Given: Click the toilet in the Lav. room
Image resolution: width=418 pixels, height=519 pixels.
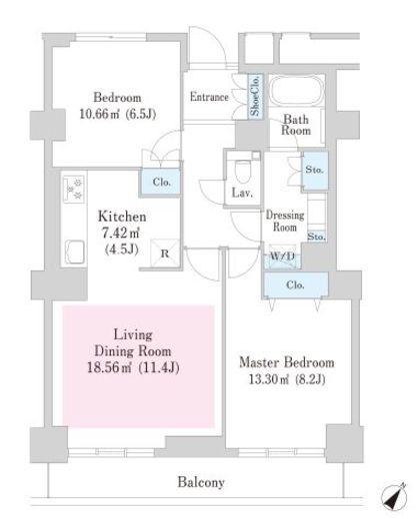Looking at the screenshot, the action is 243,171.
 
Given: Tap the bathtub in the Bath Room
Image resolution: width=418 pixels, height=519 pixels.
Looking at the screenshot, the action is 296,91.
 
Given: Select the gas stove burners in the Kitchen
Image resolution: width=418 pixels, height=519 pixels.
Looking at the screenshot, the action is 74,190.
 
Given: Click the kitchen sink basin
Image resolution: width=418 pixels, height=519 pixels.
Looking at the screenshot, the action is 74,252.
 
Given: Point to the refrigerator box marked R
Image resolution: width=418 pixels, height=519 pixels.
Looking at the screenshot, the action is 165,254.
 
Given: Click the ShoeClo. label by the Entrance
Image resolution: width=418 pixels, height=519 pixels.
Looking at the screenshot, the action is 255,97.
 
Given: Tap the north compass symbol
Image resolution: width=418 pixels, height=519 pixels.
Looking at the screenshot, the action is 393,496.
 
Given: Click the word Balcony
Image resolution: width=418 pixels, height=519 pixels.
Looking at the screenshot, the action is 201,482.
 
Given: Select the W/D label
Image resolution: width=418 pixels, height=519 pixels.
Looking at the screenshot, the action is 283,257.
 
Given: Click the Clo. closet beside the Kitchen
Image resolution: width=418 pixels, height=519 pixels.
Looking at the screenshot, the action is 161,182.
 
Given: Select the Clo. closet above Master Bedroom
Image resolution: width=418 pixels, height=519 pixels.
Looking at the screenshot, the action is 295,285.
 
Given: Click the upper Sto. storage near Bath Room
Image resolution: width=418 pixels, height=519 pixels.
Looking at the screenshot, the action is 314,171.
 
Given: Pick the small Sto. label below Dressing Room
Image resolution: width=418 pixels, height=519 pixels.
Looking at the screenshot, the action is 316,237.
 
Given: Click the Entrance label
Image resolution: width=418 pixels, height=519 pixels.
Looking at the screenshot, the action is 209,97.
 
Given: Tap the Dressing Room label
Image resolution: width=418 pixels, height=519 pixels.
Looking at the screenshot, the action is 285,221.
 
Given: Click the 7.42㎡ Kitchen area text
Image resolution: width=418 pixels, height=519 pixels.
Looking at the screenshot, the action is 120,233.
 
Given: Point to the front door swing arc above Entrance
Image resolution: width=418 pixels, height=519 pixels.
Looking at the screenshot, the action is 217,42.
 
